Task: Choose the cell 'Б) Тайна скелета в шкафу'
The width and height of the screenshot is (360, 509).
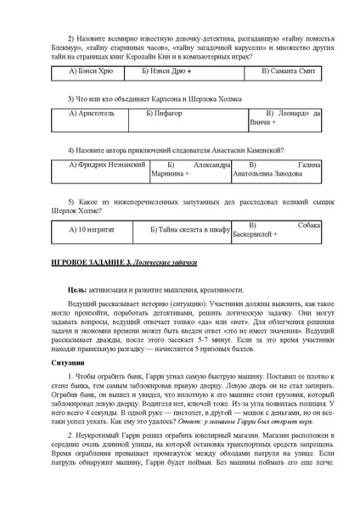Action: (x=189, y=229)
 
